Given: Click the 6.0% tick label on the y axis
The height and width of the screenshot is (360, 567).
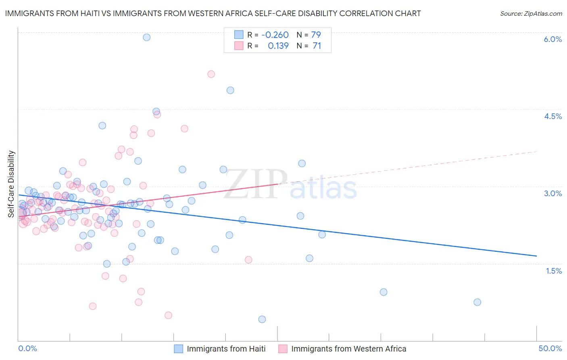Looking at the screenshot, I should coord(552,39).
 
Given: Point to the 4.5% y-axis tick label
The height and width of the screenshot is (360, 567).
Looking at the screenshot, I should coord(552,116).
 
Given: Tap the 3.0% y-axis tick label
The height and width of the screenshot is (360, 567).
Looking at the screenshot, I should coord(552,193).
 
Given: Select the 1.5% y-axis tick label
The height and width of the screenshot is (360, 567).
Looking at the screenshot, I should coord(554,271).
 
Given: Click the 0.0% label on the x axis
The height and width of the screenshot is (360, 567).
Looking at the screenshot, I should coord(27,348).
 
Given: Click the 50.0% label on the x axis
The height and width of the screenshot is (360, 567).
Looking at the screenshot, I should coord(550,348).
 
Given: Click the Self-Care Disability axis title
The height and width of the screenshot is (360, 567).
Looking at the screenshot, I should coord(11,184).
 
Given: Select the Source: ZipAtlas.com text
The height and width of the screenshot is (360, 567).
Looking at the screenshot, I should coord(531,13).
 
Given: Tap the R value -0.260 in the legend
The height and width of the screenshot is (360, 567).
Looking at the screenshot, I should coord(275,35).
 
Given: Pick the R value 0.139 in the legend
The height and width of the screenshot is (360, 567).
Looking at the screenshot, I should coord(278,46).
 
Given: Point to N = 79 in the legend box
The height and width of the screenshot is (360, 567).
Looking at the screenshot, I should coord(309,35).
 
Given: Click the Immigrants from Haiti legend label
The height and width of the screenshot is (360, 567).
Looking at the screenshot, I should coord(226,349).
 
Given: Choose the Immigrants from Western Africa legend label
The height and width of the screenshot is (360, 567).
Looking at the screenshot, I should coord(348,349).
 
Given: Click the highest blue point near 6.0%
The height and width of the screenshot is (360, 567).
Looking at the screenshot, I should coord(147,37).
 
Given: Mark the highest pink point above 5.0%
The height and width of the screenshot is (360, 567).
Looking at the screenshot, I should coord(211,74).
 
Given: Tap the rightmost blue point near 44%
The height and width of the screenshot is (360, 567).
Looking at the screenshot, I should coord(477,302).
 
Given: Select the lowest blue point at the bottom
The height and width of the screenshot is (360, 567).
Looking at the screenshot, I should coord(262,319).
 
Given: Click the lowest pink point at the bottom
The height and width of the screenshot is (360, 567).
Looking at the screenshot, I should coord(169,315).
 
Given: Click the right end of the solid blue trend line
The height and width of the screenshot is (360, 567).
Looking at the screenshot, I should coord(536,256).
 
